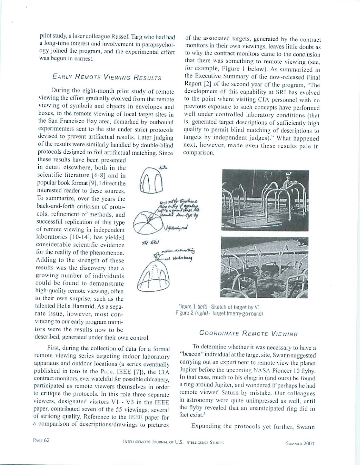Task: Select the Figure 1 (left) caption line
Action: click(x=219, y=307)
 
